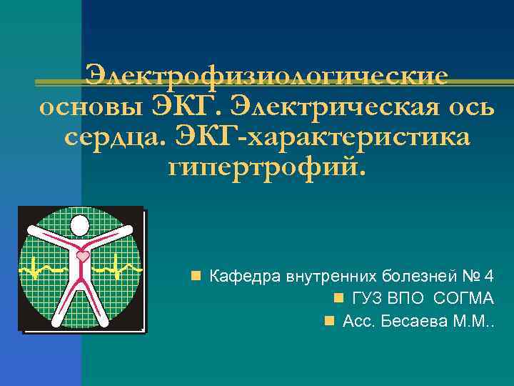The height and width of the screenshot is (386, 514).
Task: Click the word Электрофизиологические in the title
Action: (266, 75)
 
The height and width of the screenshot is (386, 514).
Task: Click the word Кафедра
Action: (244, 274)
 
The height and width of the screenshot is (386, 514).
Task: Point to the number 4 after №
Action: (488, 274)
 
